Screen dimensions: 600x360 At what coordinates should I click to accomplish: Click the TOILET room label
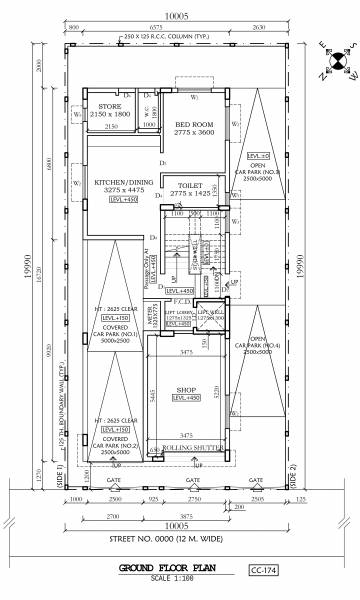coord(191,186)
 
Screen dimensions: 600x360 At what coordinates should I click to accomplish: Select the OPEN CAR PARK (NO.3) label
coord(258,174)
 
